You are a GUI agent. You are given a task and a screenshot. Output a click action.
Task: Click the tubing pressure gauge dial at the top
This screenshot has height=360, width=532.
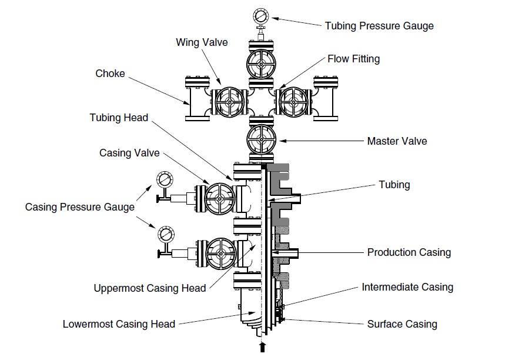point(261,16)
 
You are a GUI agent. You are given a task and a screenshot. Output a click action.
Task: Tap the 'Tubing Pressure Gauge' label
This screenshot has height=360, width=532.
point(379,26)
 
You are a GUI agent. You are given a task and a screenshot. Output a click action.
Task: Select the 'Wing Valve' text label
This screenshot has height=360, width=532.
point(202,42)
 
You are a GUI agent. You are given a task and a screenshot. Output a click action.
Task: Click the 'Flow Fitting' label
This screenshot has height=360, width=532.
point(353,59)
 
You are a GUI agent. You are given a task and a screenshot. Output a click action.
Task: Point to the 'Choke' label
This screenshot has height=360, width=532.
point(110,74)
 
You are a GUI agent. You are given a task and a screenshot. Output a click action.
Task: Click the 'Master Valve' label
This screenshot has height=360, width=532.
point(397,141)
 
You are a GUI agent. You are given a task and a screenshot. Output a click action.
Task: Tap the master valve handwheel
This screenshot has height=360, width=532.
point(261,139)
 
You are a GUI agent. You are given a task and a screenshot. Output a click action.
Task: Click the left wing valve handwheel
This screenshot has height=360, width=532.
point(229,102)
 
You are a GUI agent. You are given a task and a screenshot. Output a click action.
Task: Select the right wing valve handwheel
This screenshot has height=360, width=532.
point(293,102)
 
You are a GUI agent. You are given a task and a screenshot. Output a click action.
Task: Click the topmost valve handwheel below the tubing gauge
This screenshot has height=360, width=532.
point(261,64)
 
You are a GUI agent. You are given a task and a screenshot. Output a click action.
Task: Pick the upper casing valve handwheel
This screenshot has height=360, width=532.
point(220,199)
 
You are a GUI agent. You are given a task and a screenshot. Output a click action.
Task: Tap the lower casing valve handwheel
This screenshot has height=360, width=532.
point(221,254)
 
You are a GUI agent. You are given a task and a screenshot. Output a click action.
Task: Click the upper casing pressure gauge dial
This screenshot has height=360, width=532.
point(165,179)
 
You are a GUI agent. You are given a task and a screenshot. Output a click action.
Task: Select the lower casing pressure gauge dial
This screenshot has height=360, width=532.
point(166,234)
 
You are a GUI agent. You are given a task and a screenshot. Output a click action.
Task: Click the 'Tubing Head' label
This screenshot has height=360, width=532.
point(119,118)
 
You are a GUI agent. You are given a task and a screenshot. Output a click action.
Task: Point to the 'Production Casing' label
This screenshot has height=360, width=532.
point(409,252)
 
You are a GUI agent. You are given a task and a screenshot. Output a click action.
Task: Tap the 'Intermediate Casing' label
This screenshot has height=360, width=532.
point(407,287)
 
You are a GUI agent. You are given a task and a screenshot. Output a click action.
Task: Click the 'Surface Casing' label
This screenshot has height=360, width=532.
point(402,324)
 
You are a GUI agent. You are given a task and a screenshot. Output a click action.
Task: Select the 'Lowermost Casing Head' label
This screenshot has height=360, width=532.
point(119,324)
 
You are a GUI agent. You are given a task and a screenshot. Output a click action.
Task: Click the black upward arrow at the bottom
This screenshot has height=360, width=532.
point(262,347)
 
